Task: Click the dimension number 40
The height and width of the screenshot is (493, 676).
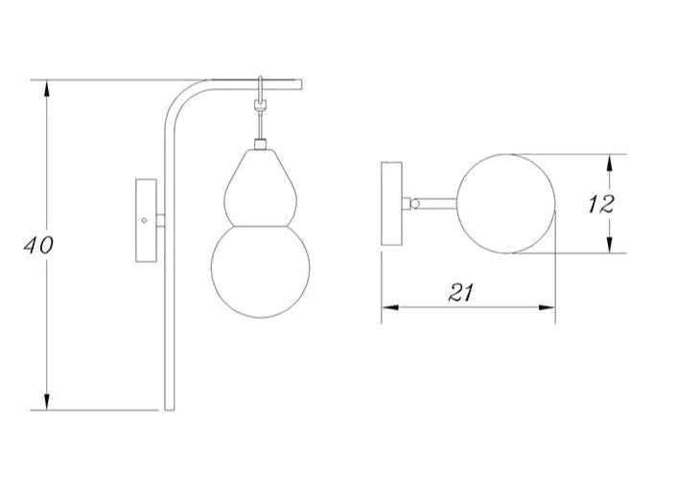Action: (38, 245)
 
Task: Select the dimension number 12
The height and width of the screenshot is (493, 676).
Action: (601, 203)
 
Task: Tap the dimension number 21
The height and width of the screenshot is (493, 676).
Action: (462, 295)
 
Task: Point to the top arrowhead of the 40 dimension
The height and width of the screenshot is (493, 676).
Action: (47, 86)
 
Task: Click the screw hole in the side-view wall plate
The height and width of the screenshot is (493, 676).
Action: (144, 221)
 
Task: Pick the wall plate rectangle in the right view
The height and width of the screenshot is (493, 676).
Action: (392, 205)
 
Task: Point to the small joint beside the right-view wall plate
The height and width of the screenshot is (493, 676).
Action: (414, 203)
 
